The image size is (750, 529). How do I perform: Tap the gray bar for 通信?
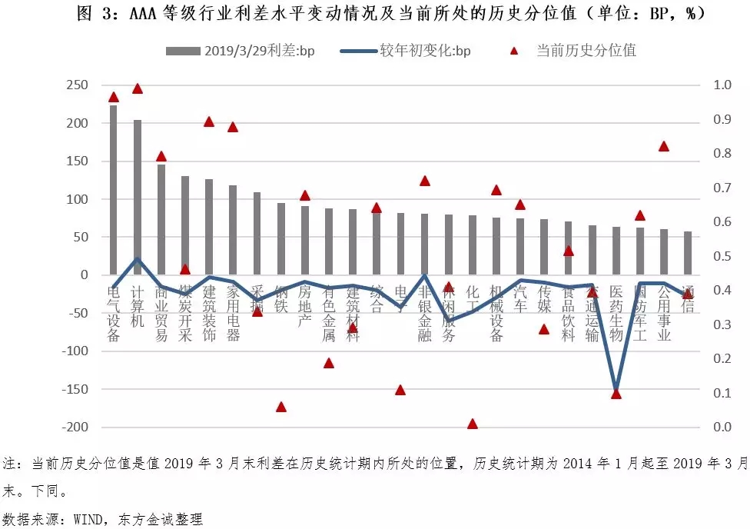(x=688, y=253)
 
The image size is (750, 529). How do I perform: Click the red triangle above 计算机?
(x=138, y=88)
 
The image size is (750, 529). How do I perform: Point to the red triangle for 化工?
(x=473, y=424)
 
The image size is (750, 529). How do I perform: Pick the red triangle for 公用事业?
(x=664, y=146)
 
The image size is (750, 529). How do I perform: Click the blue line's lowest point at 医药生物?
(x=616, y=391)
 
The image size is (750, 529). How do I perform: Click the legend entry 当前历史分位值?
(x=577, y=51)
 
